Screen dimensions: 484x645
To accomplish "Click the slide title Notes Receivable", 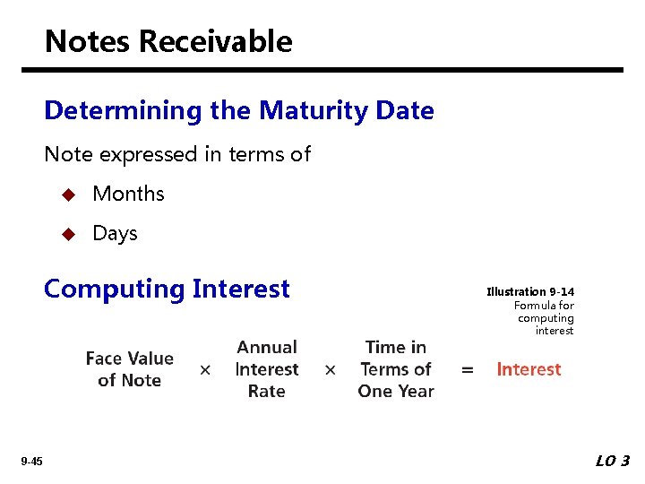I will (x=168, y=41).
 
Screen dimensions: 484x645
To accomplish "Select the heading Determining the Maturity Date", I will (x=238, y=110).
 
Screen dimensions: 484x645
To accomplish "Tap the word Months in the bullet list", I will (x=128, y=194).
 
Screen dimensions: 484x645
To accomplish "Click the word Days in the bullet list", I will (x=115, y=233).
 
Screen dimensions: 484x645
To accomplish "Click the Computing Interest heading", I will (x=167, y=289).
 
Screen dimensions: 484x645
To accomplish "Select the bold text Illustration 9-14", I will (x=530, y=292).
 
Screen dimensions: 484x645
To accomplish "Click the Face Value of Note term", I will (x=129, y=369).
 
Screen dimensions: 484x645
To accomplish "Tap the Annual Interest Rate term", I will (x=266, y=369).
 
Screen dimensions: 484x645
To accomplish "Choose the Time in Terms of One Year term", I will (x=396, y=369).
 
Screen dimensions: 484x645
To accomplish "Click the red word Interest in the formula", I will (x=529, y=369).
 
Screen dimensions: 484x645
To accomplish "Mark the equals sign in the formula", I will (x=467, y=370).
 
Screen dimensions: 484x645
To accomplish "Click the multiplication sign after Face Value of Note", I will (x=205, y=370).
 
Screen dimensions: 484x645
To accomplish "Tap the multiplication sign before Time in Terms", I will (x=331, y=370).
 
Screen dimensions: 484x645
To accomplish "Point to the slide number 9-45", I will (x=32, y=462).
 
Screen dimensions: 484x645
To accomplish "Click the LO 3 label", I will (x=613, y=461).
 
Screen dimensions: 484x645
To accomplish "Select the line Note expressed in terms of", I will (x=177, y=154).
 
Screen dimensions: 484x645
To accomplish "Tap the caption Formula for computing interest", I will (x=545, y=318).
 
